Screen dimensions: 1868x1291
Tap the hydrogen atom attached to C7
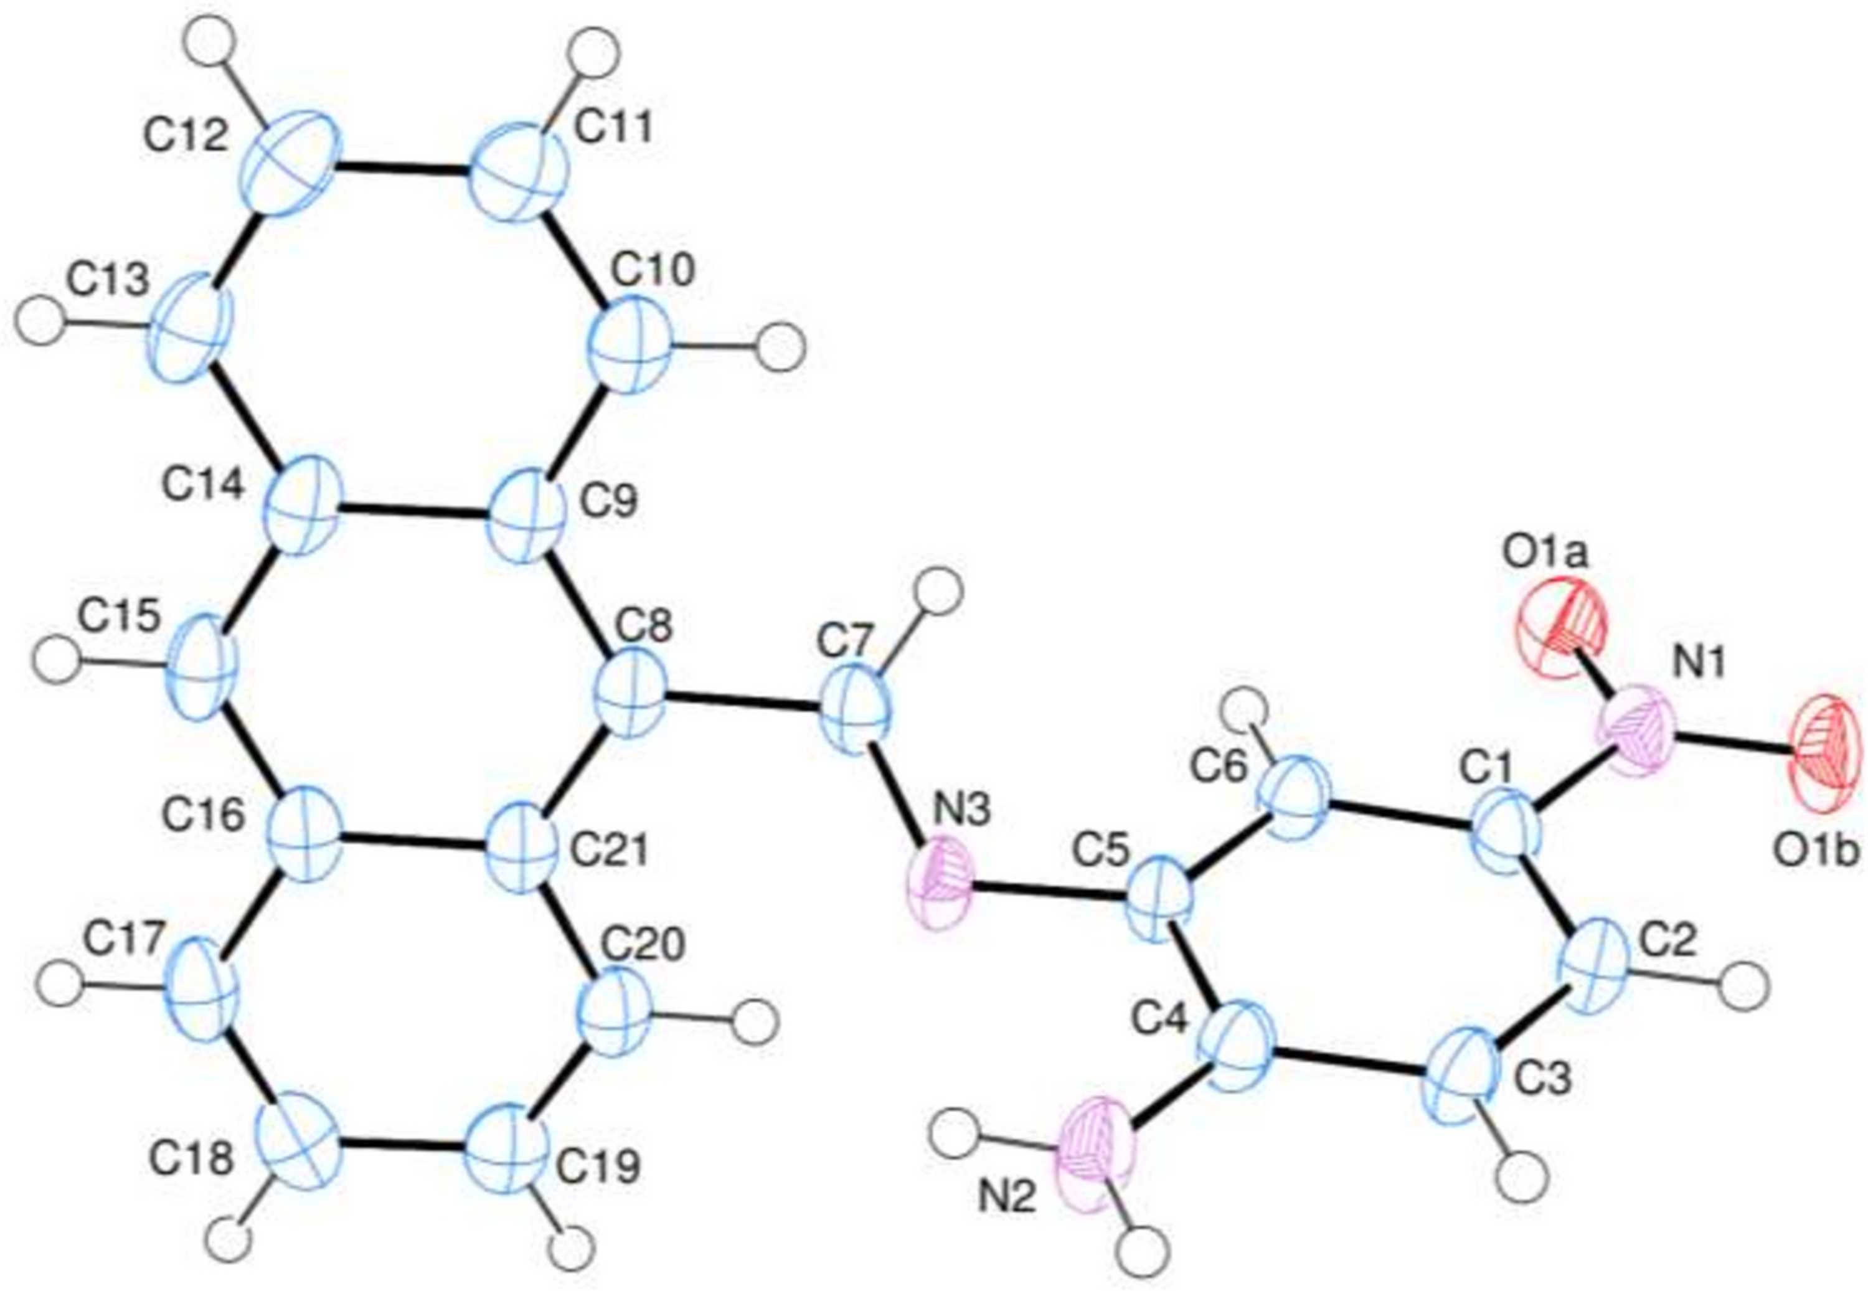click(x=943, y=592)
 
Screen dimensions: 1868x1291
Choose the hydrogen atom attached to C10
click(x=783, y=346)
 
